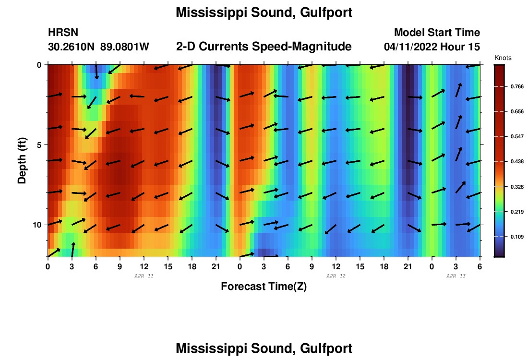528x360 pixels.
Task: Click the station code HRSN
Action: click(63, 33)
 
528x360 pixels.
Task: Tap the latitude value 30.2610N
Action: click(72, 47)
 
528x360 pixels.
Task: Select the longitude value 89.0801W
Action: click(125, 47)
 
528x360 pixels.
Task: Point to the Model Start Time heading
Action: click(436, 33)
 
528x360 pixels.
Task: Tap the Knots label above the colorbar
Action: click(503, 58)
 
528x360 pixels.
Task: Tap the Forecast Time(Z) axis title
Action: click(264, 287)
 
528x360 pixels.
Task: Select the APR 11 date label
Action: click(144, 276)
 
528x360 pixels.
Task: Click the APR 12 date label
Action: click(336, 276)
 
